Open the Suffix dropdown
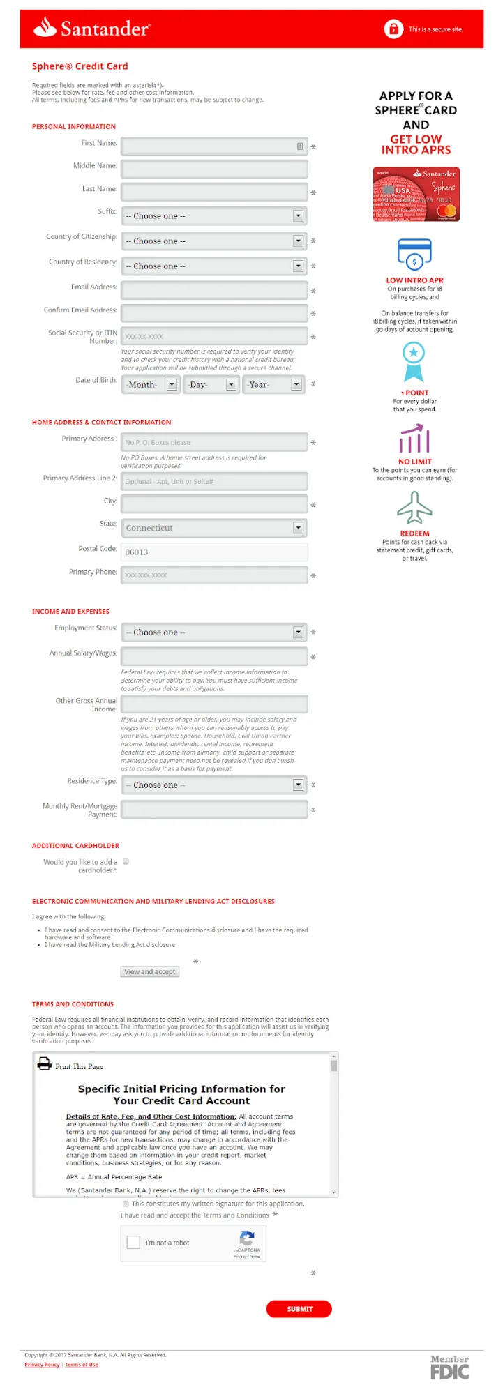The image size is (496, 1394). click(x=213, y=216)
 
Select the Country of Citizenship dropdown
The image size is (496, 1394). click(x=213, y=241)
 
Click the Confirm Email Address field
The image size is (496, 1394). click(x=213, y=313)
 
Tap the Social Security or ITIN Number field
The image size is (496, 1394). click(x=213, y=336)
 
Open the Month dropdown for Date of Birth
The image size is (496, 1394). click(x=151, y=384)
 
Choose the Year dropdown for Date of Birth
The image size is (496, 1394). click(x=273, y=384)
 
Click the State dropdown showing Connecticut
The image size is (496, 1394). click(x=213, y=528)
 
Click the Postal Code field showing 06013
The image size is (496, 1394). click(x=213, y=552)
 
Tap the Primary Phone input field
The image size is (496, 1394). click(x=213, y=575)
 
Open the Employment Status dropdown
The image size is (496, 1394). click(x=213, y=632)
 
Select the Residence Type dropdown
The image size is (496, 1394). click(x=213, y=785)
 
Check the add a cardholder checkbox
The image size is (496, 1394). click(x=126, y=861)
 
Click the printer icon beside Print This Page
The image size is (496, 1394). click(x=45, y=1063)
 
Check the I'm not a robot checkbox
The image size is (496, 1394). click(x=133, y=1243)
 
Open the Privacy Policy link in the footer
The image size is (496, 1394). click(x=42, y=1365)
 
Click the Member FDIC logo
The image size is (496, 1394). click(x=449, y=1367)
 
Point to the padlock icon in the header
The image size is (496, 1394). click(x=393, y=29)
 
